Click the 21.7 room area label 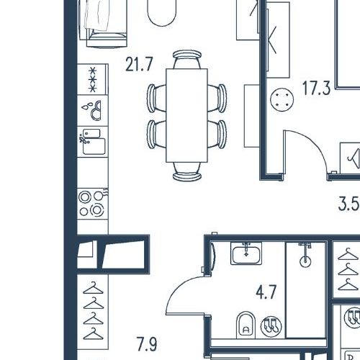[x=139, y=64]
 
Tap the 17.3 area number [x=316, y=88]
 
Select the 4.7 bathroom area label [x=266, y=292]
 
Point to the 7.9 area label [x=147, y=344]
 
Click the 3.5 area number [x=348, y=204]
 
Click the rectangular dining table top [x=186, y=115]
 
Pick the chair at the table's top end [x=187, y=59]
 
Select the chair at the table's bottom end [x=187, y=171]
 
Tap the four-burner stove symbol [x=93, y=204]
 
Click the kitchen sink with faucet [x=93, y=142]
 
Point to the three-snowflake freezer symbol [x=93, y=79]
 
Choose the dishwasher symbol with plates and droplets [x=92, y=110]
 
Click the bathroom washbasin [x=246, y=253]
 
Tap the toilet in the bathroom [x=246, y=325]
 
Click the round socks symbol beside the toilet [x=271, y=326]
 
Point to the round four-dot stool [x=282, y=99]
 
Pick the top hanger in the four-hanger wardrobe [x=93, y=288]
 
